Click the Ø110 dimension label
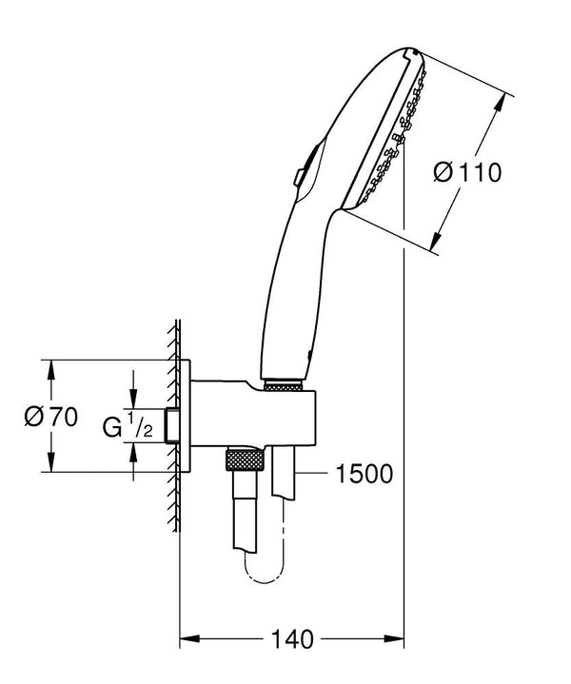click(x=466, y=173)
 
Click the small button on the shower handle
click(x=299, y=177)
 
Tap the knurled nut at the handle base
click(x=283, y=386)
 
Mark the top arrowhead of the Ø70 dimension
click(x=50, y=366)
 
